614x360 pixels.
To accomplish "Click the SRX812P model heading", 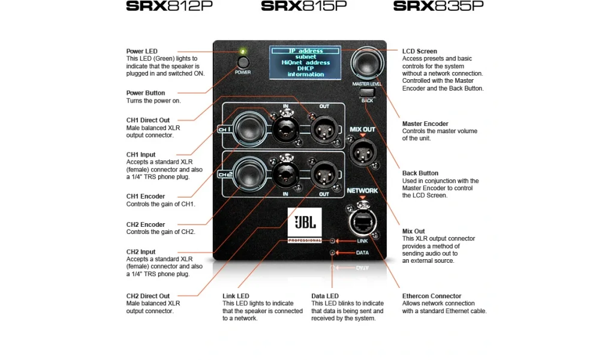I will point(169,7).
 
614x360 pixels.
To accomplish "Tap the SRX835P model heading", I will point(438,7).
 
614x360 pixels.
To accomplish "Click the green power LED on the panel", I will point(242,51).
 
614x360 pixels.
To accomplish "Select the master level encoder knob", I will point(368,62).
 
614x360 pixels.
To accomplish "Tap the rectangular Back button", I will point(367,92).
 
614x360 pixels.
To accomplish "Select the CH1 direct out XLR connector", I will point(323,127).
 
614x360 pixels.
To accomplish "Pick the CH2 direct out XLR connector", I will point(323,175).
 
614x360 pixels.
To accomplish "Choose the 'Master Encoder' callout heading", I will point(425,124).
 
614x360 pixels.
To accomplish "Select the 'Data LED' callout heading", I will point(325,296).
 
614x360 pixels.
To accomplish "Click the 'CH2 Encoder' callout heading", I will point(146,224).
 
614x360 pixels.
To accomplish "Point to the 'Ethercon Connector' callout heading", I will point(432,296).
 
